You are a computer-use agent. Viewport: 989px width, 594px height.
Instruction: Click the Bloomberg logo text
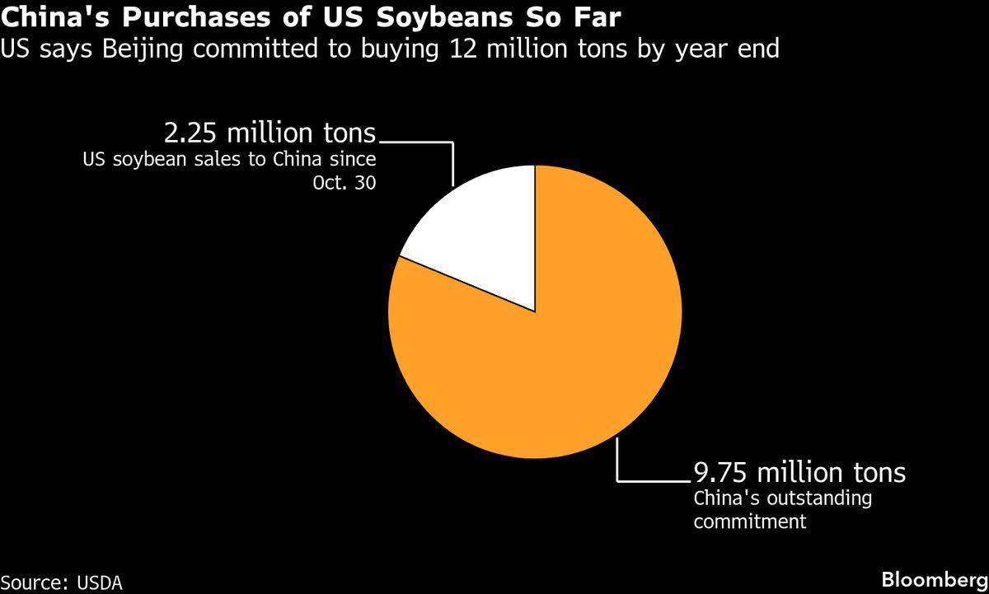[934, 579]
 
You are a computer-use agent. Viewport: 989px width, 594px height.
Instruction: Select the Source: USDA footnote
[61, 582]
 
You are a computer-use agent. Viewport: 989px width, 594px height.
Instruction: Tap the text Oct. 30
[345, 183]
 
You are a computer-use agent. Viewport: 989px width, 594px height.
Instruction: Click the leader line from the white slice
[452, 161]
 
